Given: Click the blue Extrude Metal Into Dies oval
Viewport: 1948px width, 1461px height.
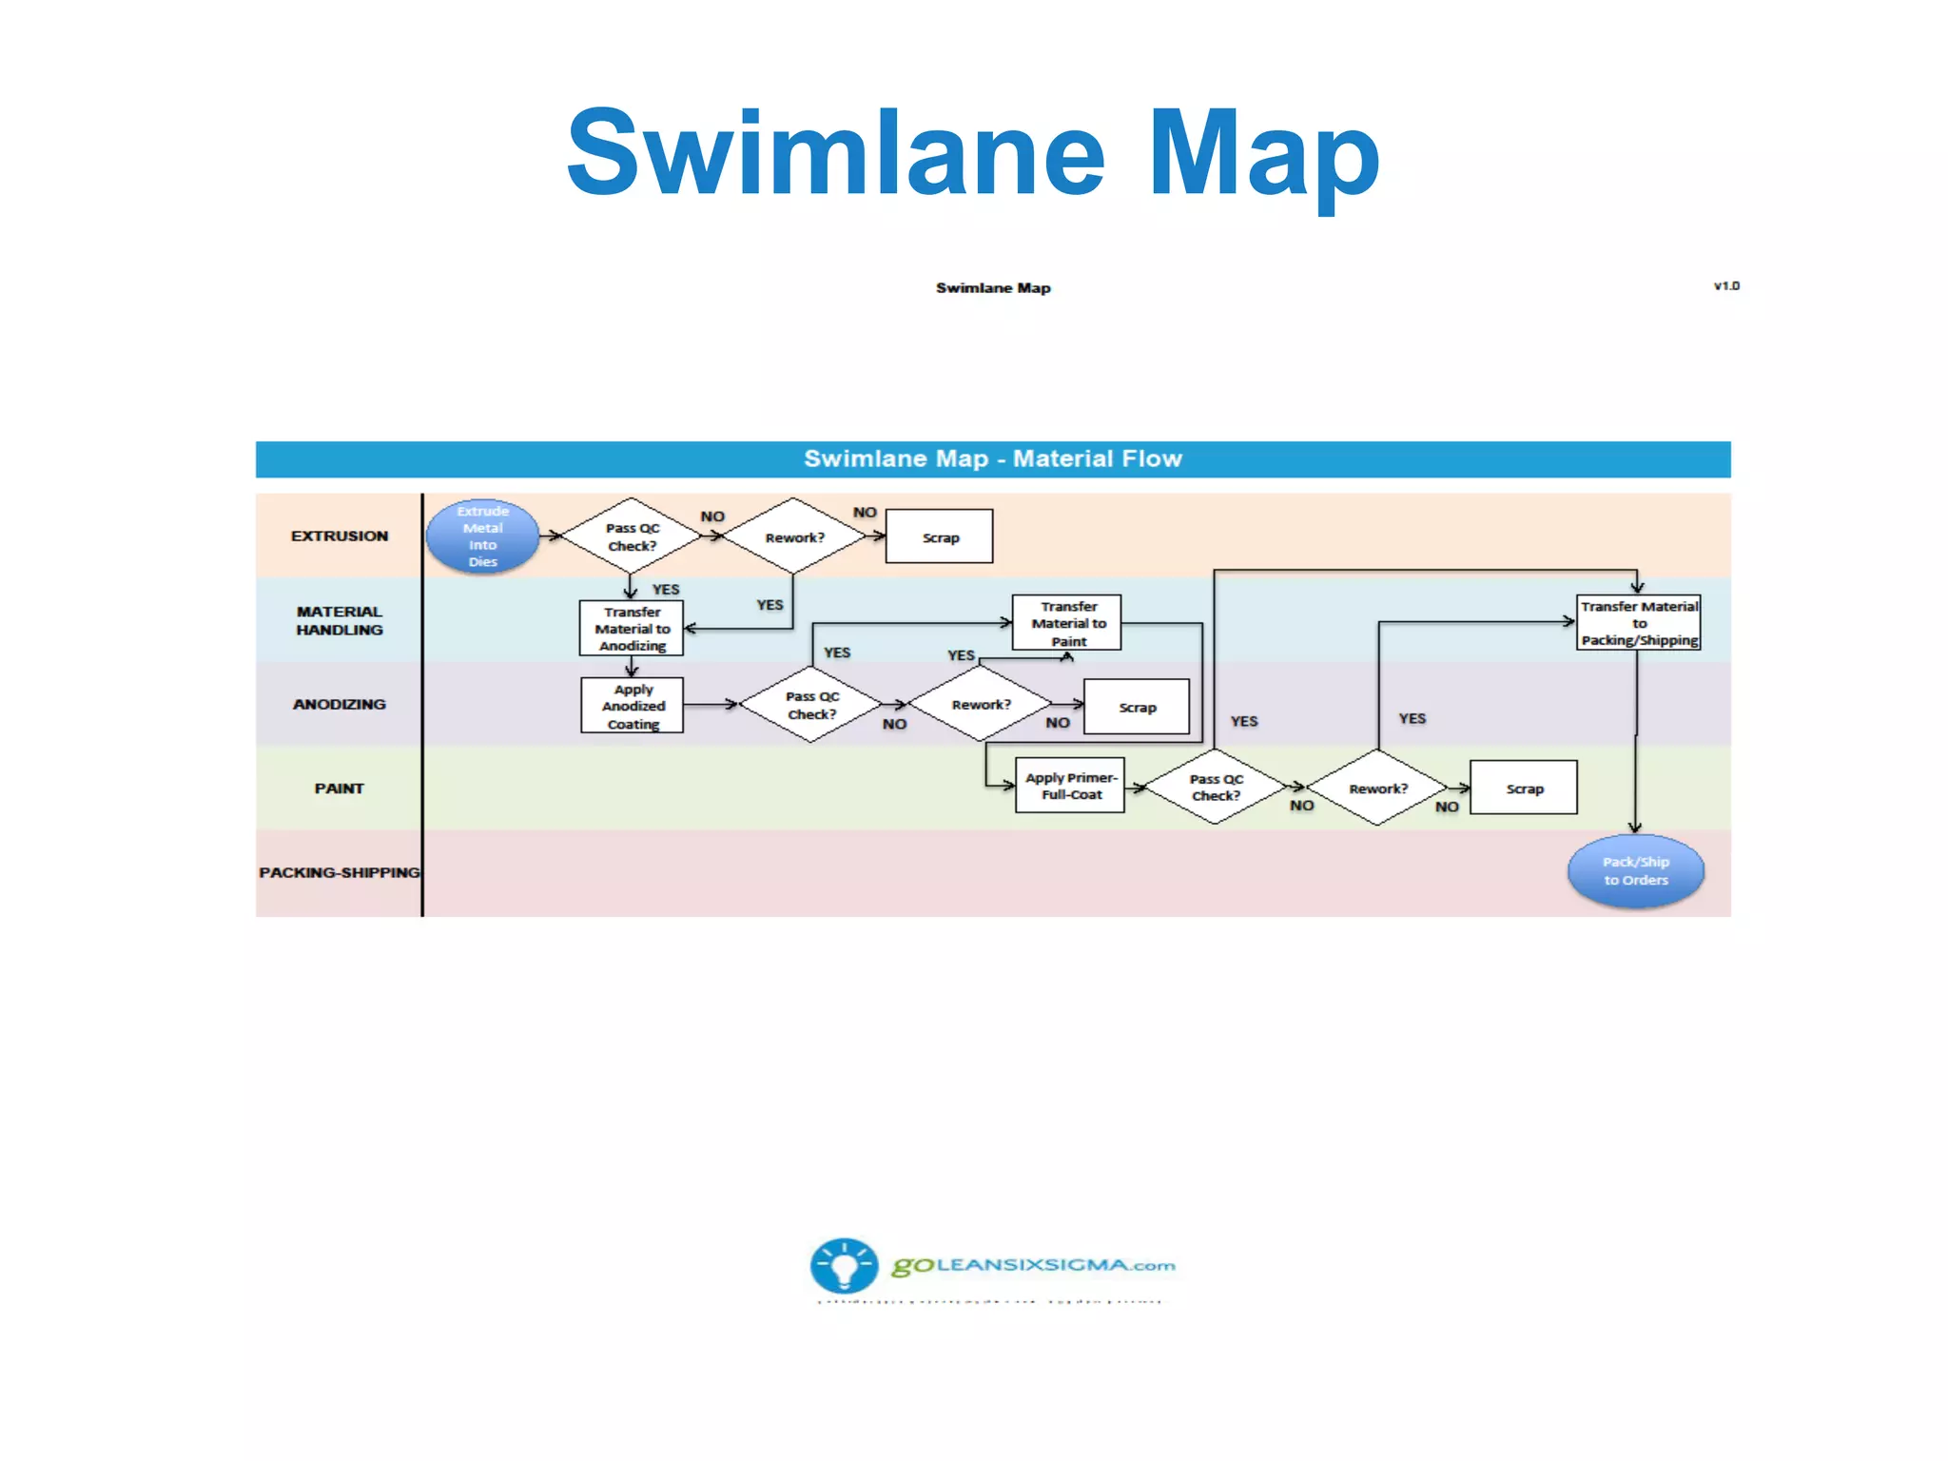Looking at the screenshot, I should tap(482, 536).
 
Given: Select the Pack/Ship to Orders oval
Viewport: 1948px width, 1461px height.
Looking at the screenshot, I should tap(1635, 871).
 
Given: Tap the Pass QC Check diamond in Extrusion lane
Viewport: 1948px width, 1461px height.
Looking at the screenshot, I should tap(631, 536).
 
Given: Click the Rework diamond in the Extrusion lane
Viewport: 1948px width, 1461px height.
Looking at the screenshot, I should tap(793, 536).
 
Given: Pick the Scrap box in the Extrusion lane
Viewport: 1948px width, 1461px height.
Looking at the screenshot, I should tap(939, 536).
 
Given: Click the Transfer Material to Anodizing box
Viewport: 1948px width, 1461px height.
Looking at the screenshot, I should tap(632, 628).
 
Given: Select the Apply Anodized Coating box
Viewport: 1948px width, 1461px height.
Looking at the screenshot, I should tap(633, 706).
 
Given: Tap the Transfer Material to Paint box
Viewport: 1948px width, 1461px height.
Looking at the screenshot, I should tap(1067, 623).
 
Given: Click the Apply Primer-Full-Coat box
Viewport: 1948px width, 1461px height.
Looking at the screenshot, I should tap(1070, 786).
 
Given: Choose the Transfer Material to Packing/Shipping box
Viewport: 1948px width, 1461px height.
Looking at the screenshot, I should tap(1638, 623).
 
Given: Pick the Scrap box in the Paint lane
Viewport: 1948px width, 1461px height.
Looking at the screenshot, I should tap(1524, 788).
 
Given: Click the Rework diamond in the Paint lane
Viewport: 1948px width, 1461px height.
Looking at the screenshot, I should tap(1377, 788).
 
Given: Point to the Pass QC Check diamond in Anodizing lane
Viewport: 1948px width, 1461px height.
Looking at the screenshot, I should tap(811, 705).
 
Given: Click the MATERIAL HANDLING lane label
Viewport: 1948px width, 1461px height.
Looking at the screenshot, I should tap(339, 620).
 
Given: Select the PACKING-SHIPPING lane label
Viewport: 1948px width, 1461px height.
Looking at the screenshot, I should tap(339, 872).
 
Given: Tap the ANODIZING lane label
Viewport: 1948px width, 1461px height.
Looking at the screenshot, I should tap(339, 704).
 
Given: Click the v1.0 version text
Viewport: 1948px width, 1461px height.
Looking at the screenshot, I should tap(1726, 285).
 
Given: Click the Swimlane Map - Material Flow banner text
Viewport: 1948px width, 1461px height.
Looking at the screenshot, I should tap(992, 458).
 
